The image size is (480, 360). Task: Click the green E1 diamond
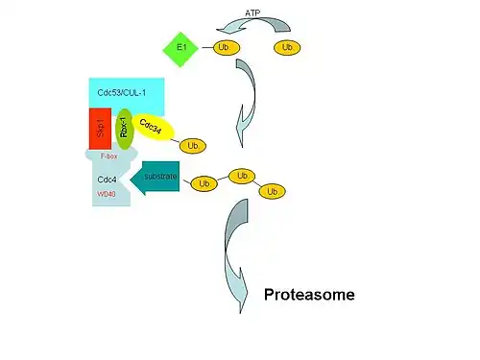pyautogui.click(x=180, y=49)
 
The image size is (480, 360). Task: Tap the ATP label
pyautogui.click(x=252, y=13)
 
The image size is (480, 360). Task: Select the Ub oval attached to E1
pyautogui.click(x=227, y=48)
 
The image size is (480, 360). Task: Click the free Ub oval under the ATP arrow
pyautogui.click(x=287, y=48)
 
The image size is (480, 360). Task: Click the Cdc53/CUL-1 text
pyautogui.click(x=122, y=93)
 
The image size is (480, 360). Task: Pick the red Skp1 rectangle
pyautogui.click(x=100, y=129)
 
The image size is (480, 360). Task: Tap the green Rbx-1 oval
pyautogui.click(x=124, y=129)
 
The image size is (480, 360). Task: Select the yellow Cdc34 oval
pyautogui.click(x=153, y=128)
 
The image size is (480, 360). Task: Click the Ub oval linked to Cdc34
pyautogui.click(x=193, y=146)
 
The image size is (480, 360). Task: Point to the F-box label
pyautogui.click(x=108, y=156)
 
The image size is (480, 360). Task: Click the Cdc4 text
pyautogui.click(x=107, y=180)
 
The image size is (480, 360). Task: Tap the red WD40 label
pyautogui.click(x=107, y=194)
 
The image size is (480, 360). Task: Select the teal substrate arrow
pyautogui.click(x=156, y=178)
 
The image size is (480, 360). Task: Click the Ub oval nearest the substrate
pyautogui.click(x=204, y=183)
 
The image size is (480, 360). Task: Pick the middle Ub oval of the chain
pyautogui.click(x=242, y=176)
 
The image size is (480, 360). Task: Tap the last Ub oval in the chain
pyautogui.click(x=272, y=191)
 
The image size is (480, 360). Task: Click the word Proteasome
pyautogui.click(x=309, y=295)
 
